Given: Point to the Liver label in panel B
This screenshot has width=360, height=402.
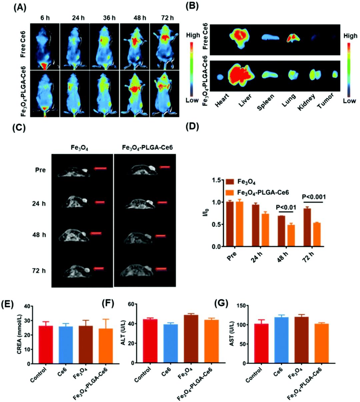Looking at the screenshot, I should point(245,99).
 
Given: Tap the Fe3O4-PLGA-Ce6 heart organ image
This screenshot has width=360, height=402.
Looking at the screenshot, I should point(220,77).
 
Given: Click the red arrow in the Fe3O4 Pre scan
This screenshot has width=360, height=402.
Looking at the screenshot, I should point(100,169).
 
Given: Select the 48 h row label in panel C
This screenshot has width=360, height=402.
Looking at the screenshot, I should point(40,235).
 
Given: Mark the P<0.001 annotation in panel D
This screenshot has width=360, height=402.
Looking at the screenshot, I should point(314,197).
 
